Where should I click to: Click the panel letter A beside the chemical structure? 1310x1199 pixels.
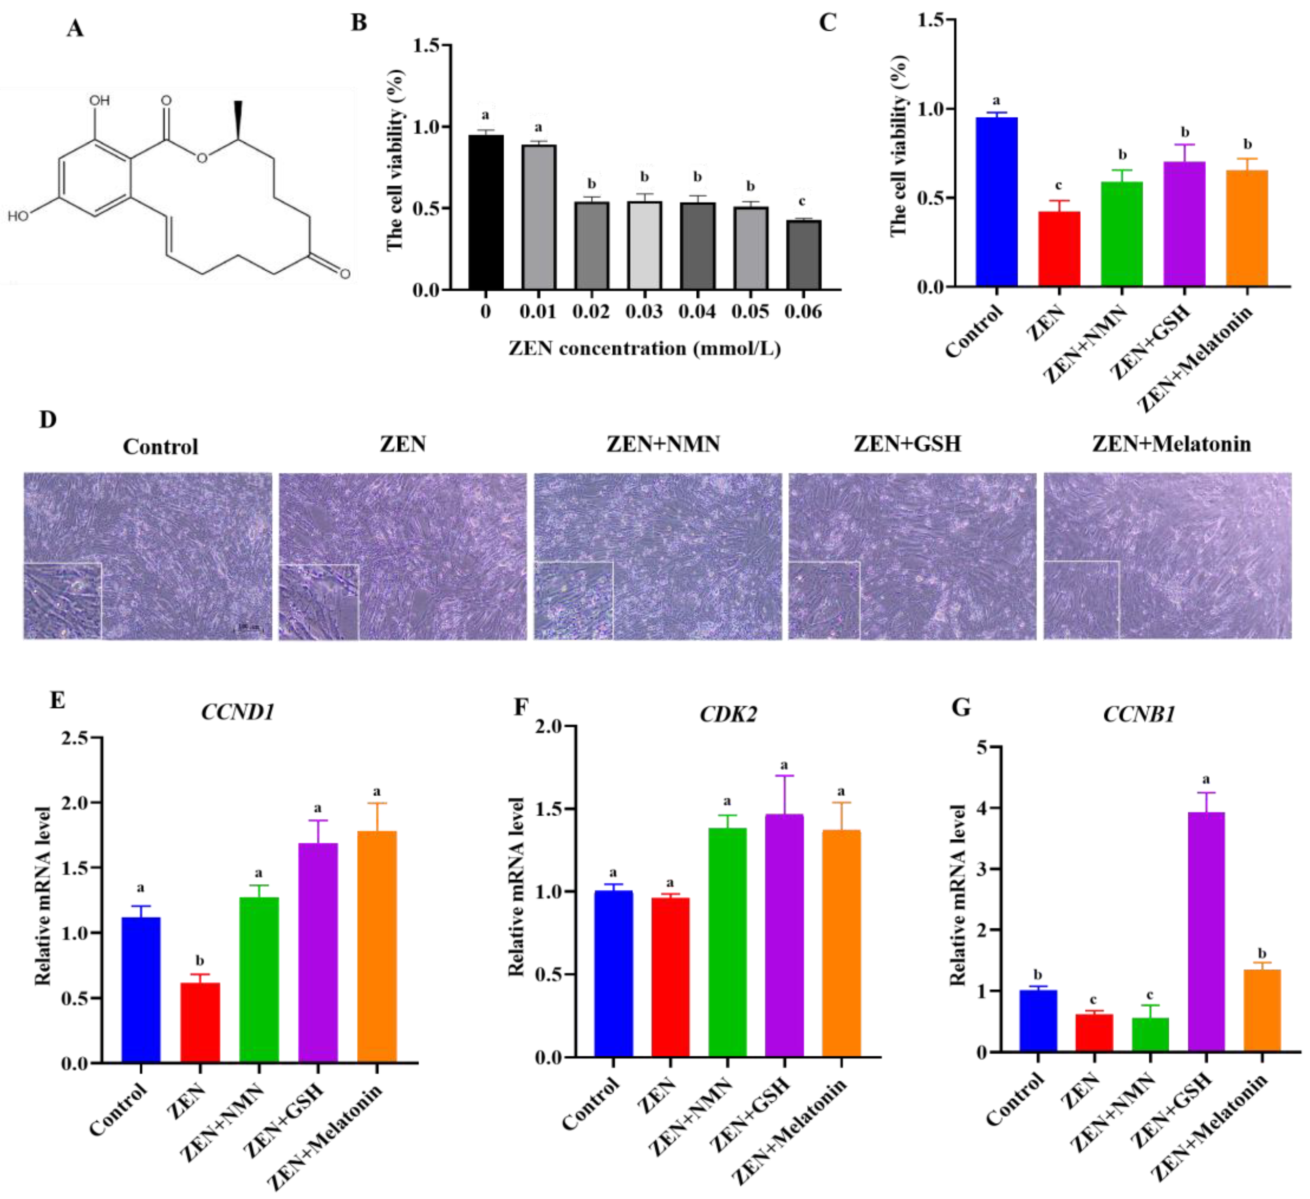pyautogui.click(x=75, y=29)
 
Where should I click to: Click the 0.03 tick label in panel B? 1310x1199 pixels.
pyautogui.click(x=644, y=312)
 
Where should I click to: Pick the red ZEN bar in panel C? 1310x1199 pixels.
pyautogui.click(x=1059, y=249)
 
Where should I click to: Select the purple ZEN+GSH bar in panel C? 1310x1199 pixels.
pyautogui.click(x=1184, y=224)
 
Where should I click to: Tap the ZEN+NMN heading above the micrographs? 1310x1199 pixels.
pyautogui.click(x=663, y=444)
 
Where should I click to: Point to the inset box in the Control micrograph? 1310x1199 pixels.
pyautogui.click(x=63, y=601)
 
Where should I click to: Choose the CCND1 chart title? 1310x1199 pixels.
pyautogui.click(x=238, y=713)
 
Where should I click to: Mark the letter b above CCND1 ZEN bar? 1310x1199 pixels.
pyautogui.click(x=200, y=961)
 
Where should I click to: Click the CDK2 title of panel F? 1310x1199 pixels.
pyautogui.click(x=728, y=715)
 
